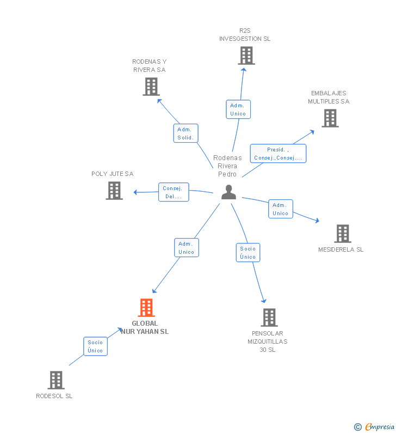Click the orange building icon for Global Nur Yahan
(146, 307)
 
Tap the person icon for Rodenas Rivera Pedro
(228, 192)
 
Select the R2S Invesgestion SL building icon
(246, 56)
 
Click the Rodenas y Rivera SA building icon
(151, 87)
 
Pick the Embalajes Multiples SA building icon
(330, 118)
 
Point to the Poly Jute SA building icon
(114, 191)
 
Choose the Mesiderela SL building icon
(343, 233)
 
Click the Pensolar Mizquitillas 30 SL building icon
(269, 318)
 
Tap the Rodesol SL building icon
(56, 380)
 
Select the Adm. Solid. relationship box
(185, 133)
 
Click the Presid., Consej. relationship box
(278, 154)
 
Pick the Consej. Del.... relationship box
(174, 192)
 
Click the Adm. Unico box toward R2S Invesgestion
(238, 109)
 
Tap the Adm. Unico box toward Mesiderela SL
(281, 209)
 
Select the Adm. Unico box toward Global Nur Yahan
(187, 248)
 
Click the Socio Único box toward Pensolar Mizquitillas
(248, 252)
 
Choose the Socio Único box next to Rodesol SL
(95, 346)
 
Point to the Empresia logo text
(380, 426)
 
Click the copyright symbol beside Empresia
(358, 427)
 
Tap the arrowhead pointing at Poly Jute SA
(135, 192)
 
